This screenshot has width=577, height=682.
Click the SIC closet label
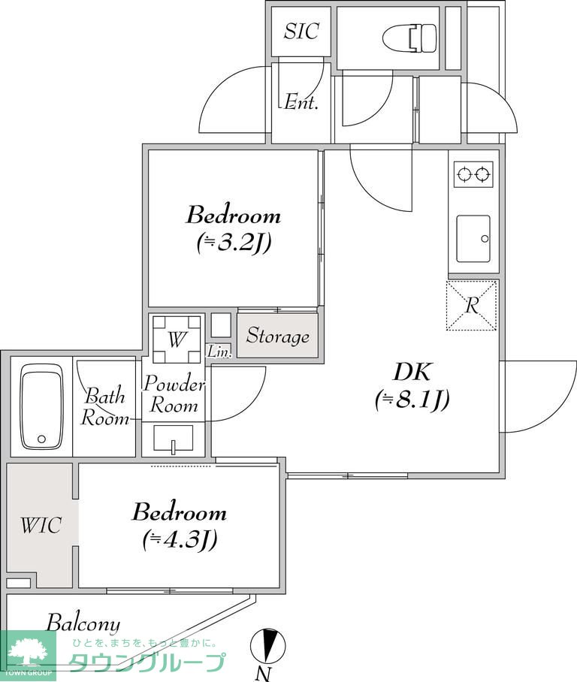pyautogui.click(x=301, y=31)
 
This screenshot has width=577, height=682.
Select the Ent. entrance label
pyautogui.click(x=301, y=103)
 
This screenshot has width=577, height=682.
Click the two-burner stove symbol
pyautogui.click(x=473, y=174)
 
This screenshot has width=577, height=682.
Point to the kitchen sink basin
pyautogui.click(x=473, y=238)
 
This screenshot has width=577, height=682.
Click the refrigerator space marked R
pyautogui.click(x=472, y=306)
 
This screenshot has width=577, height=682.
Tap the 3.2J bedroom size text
pyautogui.click(x=234, y=243)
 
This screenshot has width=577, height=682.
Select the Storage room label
pyautogui.click(x=278, y=336)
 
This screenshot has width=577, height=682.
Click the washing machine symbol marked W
pyautogui.click(x=177, y=339)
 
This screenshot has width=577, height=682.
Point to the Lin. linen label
pyautogui.click(x=219, y=352)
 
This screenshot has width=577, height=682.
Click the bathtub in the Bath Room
pyautogui.click(x=41, y=407)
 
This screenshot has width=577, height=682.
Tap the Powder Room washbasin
pyautogui.click(x=174, y=439)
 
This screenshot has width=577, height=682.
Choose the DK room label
pyautogui.click(x=412, y=373)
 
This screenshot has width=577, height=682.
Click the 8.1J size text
pyautogui.click(x=412, y=400)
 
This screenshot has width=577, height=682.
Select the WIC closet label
pyautogui.click(x=41, y=526)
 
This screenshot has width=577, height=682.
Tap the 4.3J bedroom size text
pyautogui.click(x=180, y=540)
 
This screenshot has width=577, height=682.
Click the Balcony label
pyautogui.click(x=83, y=624)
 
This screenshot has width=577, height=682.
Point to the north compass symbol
pyautogui.click(x=268, y=644)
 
